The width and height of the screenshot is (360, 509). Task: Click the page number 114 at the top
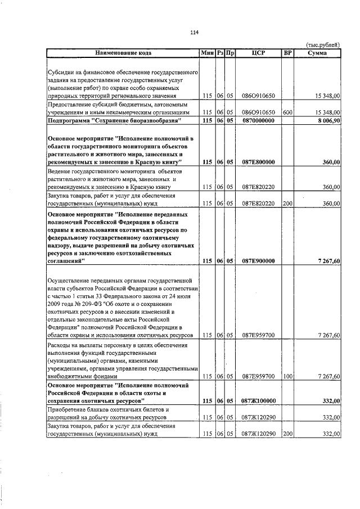(x=195, y=32)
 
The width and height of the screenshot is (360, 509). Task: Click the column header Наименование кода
(x=123, y=53)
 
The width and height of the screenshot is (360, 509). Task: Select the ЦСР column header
(x=258, y=53)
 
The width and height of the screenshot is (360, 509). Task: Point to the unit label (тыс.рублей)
(x=322, y=44)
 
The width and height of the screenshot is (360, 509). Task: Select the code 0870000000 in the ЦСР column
(x=258, y=120)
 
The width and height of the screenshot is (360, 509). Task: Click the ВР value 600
(x=287, y=112)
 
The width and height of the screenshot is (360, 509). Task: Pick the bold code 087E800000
(x=258, y=162)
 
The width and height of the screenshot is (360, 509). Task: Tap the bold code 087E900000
(x=258, y=261)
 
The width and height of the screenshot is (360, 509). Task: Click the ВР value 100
(x=287, y=376)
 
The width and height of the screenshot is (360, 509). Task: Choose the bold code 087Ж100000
(x=258, y=400)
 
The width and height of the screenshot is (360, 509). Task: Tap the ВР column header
(x=287, y=53)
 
